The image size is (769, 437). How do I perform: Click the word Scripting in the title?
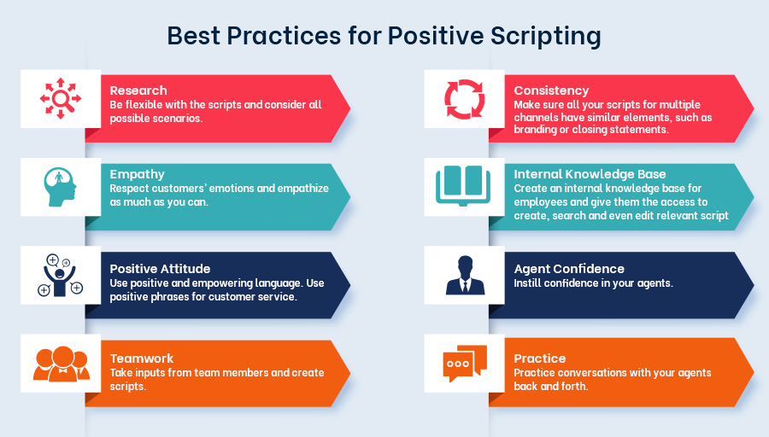[x=545, y=36]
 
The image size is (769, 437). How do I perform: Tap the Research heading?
[x=138, y=90]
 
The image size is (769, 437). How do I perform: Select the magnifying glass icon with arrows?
[x=61, y=98]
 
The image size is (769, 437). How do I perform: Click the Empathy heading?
[x=138, y=174]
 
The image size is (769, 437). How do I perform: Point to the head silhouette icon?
[x=60, y=187]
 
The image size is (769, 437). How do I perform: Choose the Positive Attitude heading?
[x=160, y=269]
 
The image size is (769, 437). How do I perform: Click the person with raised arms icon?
[x=60, y=276]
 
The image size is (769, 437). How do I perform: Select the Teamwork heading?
[x=142, y=358]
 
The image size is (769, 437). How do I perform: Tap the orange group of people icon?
[x=62, y=364]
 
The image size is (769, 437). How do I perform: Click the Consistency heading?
[x=551, y=90]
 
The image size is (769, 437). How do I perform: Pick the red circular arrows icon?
[x=465, y=99]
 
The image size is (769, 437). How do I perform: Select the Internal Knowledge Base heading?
[x=590, y=174]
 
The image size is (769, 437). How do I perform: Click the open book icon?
[x=463, y=186]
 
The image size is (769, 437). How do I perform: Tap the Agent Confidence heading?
[x=569, y=269]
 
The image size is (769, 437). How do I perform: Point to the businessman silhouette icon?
[x=465, y=275]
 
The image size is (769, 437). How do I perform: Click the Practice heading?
[x=539, y=358]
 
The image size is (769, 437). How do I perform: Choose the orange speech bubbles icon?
[x=465, y=364]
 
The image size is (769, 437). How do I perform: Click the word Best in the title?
[x=193, y=36]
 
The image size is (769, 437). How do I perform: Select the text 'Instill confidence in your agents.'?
[x=593, y=283]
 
